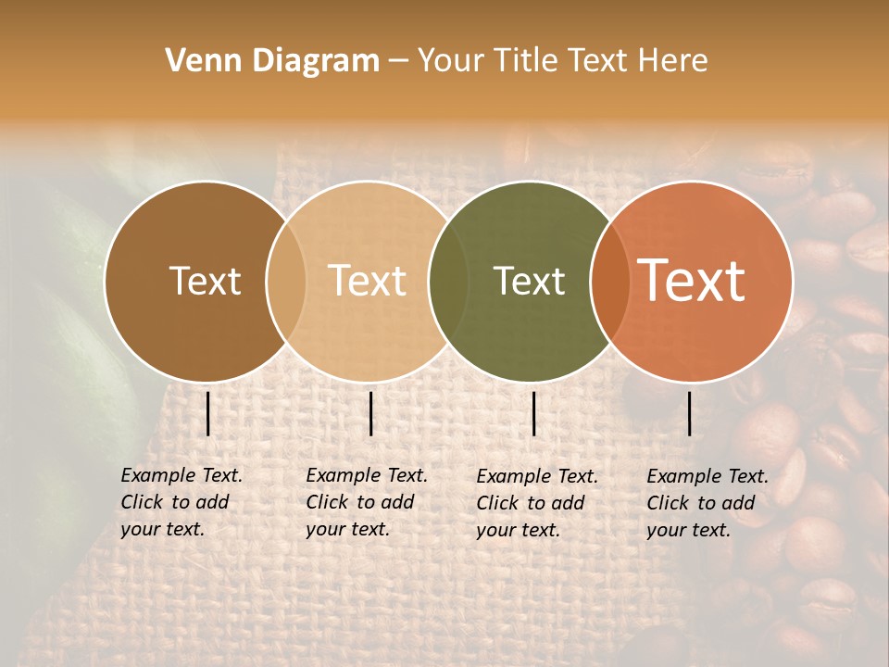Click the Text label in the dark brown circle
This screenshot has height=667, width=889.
click(x=205, y=281)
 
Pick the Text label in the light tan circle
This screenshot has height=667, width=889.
click(x=368, y=281)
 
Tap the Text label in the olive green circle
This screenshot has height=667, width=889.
click(x=529, y=281)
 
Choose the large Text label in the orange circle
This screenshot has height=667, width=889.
click(x=692, y=281)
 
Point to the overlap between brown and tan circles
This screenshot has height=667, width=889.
click(x=286, y=282)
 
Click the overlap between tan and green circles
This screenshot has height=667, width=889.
click(x=448, y=282)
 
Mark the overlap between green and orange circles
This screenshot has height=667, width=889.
click(x=610, y=282)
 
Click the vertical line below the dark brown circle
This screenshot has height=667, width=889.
click(x=207, y=413)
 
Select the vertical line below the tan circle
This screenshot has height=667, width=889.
click(x=370, y=413)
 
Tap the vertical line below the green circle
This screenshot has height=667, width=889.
click(x=533, y=413)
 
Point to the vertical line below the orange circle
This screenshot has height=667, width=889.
click(x=689, y=413)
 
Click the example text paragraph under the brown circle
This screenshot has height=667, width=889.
click(x=182, y=502)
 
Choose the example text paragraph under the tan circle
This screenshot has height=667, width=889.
click(x=367, y=502)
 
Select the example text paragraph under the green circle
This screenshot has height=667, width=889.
click(x=537, y=503)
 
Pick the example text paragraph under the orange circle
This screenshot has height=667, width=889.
click(x=707, y=503)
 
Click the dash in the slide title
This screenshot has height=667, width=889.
click(x=398, y=62)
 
